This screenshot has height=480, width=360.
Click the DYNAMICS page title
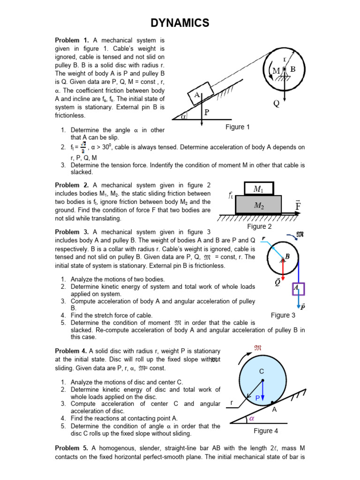click(180, 22)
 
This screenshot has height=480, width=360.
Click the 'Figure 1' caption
click(238, 127)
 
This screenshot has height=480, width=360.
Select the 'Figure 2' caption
click(260, 227)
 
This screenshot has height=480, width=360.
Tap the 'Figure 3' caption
click(283, 315)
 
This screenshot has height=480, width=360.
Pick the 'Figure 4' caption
click(266, 431)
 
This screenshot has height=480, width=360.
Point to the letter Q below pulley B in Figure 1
click(277, 104)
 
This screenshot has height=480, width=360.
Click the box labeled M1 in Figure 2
click(259, 189)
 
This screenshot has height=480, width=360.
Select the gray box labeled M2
click(259, 205)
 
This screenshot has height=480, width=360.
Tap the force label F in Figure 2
click(299, 205)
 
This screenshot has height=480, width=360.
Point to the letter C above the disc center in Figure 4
click(262, 371)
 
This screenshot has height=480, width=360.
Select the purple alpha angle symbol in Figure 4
click(251, 418)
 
